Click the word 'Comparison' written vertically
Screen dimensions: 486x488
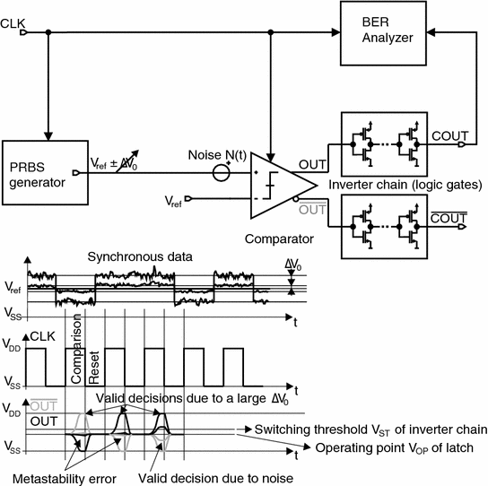point(76,343)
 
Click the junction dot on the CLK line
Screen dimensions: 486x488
point(48,32)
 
